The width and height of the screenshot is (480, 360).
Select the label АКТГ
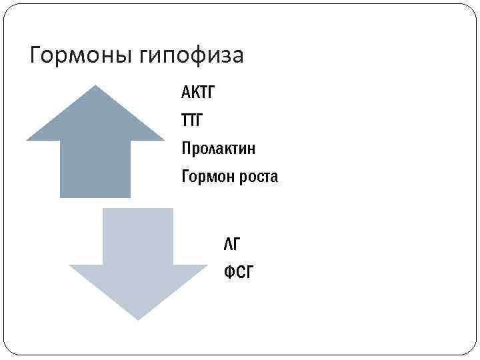point(199,92)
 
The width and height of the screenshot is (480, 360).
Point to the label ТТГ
point(194,121)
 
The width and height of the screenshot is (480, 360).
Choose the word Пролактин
point(218,148)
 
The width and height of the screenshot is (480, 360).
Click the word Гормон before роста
point(205,177)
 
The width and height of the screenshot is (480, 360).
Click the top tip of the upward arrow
point(95,86)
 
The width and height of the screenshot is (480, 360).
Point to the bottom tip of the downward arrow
point(139,319)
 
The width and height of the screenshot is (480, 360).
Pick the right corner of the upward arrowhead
point(163,139)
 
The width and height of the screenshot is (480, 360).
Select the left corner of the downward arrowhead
point(71,266)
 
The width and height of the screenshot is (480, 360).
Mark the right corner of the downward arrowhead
point(207,266)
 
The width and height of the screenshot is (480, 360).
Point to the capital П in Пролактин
point(185,148)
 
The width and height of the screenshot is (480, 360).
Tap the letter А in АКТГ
point(185,92)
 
